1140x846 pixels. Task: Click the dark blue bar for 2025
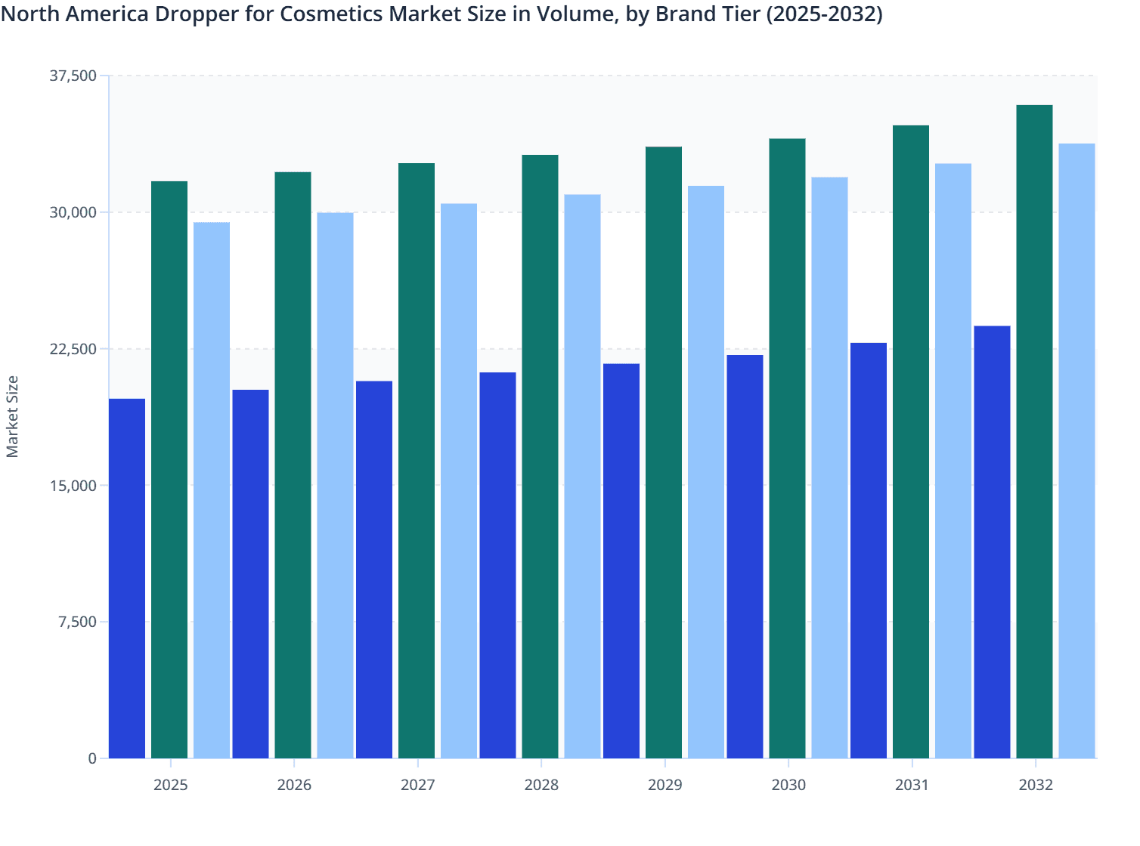[x=127, y=578]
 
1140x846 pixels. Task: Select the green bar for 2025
[x=169, y=469]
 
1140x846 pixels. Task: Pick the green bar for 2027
[x=417, y=460]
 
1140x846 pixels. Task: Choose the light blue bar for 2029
[x=706, y=471]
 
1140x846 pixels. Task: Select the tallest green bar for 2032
[x=1034, y=431]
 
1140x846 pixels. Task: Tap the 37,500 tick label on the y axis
[x=73, y=76]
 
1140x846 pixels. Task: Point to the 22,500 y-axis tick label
[x=73, y=349]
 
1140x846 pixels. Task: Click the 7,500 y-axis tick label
[x=77, y=622]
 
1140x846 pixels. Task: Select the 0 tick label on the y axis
[x=92, y=758]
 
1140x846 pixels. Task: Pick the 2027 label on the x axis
[x=417, y=785]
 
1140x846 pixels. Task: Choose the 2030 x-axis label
[x=788, y=785]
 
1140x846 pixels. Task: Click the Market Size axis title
[x=12, y=416]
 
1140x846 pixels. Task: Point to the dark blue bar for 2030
[x=745, y=556]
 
